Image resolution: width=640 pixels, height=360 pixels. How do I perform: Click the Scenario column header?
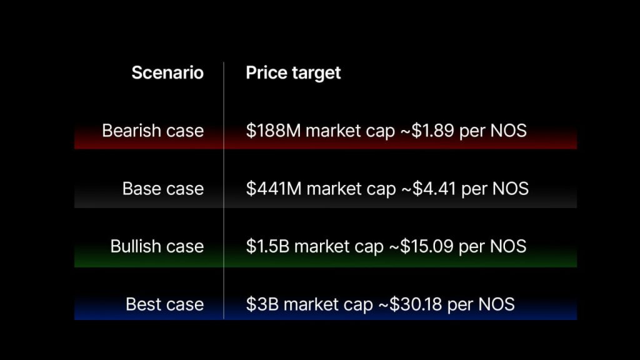pos(167,72)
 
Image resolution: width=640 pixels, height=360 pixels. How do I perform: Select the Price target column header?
pos(293,72)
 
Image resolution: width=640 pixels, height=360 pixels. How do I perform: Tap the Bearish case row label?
pos(152,131)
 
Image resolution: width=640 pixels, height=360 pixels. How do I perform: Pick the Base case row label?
pos(162,188)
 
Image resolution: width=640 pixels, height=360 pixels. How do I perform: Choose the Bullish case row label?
pos(157,246)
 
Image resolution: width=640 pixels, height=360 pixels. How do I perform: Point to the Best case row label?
pos(164,304)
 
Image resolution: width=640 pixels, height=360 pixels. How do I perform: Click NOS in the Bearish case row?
pos(509,131)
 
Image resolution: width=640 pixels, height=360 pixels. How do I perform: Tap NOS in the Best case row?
pos(497,304)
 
